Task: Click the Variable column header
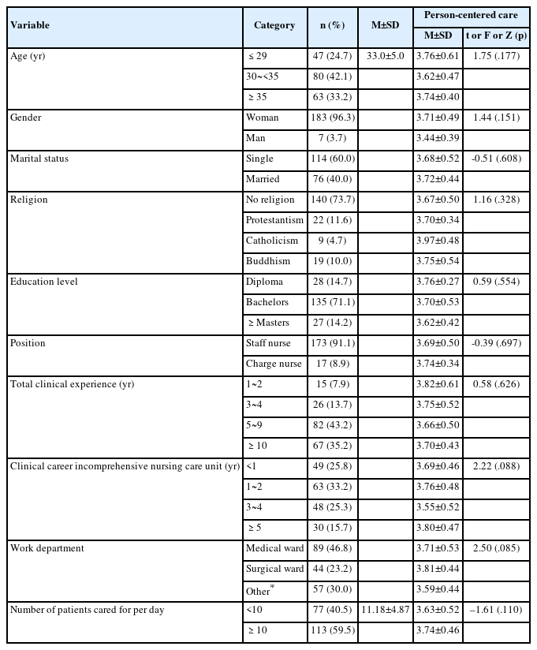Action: [x=30, y=25]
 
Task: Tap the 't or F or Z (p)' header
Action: [x=496, y=35]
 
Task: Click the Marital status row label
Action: [x=39, y=159]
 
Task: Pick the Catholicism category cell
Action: [x=272, y=241]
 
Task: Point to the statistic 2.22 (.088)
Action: [x=496, y=466]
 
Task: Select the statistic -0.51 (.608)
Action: [x=496, y=159]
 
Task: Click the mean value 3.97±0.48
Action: [x=438, y=241]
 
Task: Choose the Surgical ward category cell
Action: [x=274, y=569]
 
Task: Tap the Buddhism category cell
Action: [x=268, y=261]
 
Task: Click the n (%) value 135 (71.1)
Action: [x=330, y=302]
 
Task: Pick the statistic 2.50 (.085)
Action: [x=496, y=548]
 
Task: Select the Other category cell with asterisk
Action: [x=260, y=589]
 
